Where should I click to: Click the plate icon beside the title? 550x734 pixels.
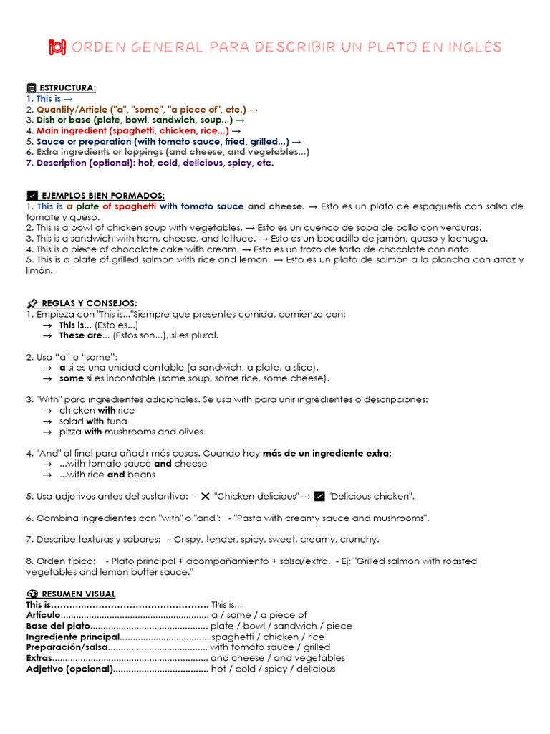point(57,47)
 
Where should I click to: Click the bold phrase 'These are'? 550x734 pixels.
point(80,335)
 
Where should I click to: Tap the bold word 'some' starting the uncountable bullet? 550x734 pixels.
point(71,378)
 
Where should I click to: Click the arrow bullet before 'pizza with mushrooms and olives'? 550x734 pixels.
point(47,432)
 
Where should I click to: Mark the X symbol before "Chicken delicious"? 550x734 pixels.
point(206,496)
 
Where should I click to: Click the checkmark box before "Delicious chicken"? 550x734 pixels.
point(319,496)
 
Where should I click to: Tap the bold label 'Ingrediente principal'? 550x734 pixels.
point(73,637)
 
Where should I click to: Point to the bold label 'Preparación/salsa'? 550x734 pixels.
point(67,647)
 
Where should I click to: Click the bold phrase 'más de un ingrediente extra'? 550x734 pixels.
point(327,453)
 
